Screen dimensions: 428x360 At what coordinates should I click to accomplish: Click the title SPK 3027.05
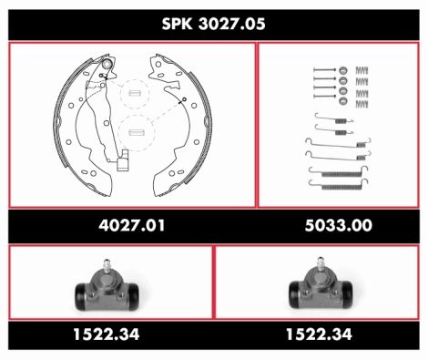pos(213,24)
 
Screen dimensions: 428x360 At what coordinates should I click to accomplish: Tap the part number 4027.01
pos(131,225)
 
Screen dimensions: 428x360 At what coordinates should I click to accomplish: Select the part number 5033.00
pos(339,225)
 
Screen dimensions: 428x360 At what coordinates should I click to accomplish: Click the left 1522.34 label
pos(107,334)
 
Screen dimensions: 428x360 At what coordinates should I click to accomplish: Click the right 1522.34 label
pos(319,334)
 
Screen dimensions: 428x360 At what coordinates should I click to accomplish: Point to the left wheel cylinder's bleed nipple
pos(107,266)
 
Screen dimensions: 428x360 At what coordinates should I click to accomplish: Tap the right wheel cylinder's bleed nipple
pos(321,264)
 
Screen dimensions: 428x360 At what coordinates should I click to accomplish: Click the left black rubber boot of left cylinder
pos(81,296)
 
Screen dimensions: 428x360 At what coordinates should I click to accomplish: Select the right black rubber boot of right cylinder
pos(347,294)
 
